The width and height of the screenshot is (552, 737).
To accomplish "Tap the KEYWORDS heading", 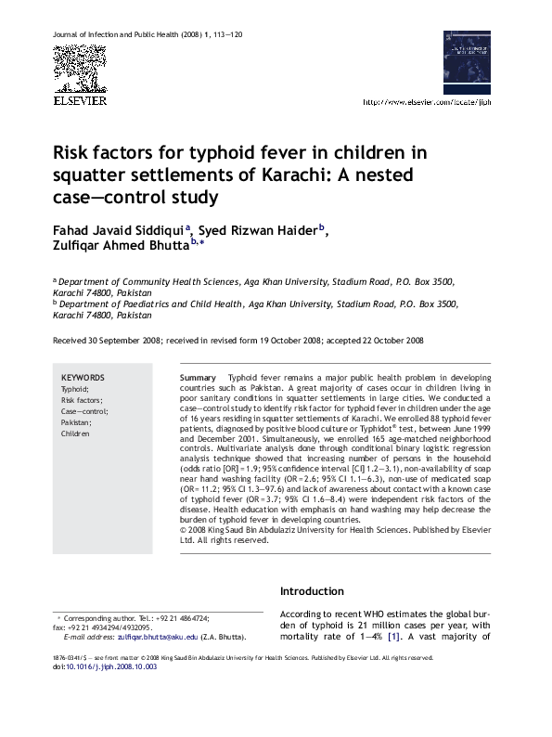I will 83,378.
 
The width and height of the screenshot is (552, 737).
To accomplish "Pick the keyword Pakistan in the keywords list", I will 77,422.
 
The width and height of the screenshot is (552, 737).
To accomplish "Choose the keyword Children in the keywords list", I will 76,433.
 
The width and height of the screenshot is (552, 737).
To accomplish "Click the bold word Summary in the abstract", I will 198,379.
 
